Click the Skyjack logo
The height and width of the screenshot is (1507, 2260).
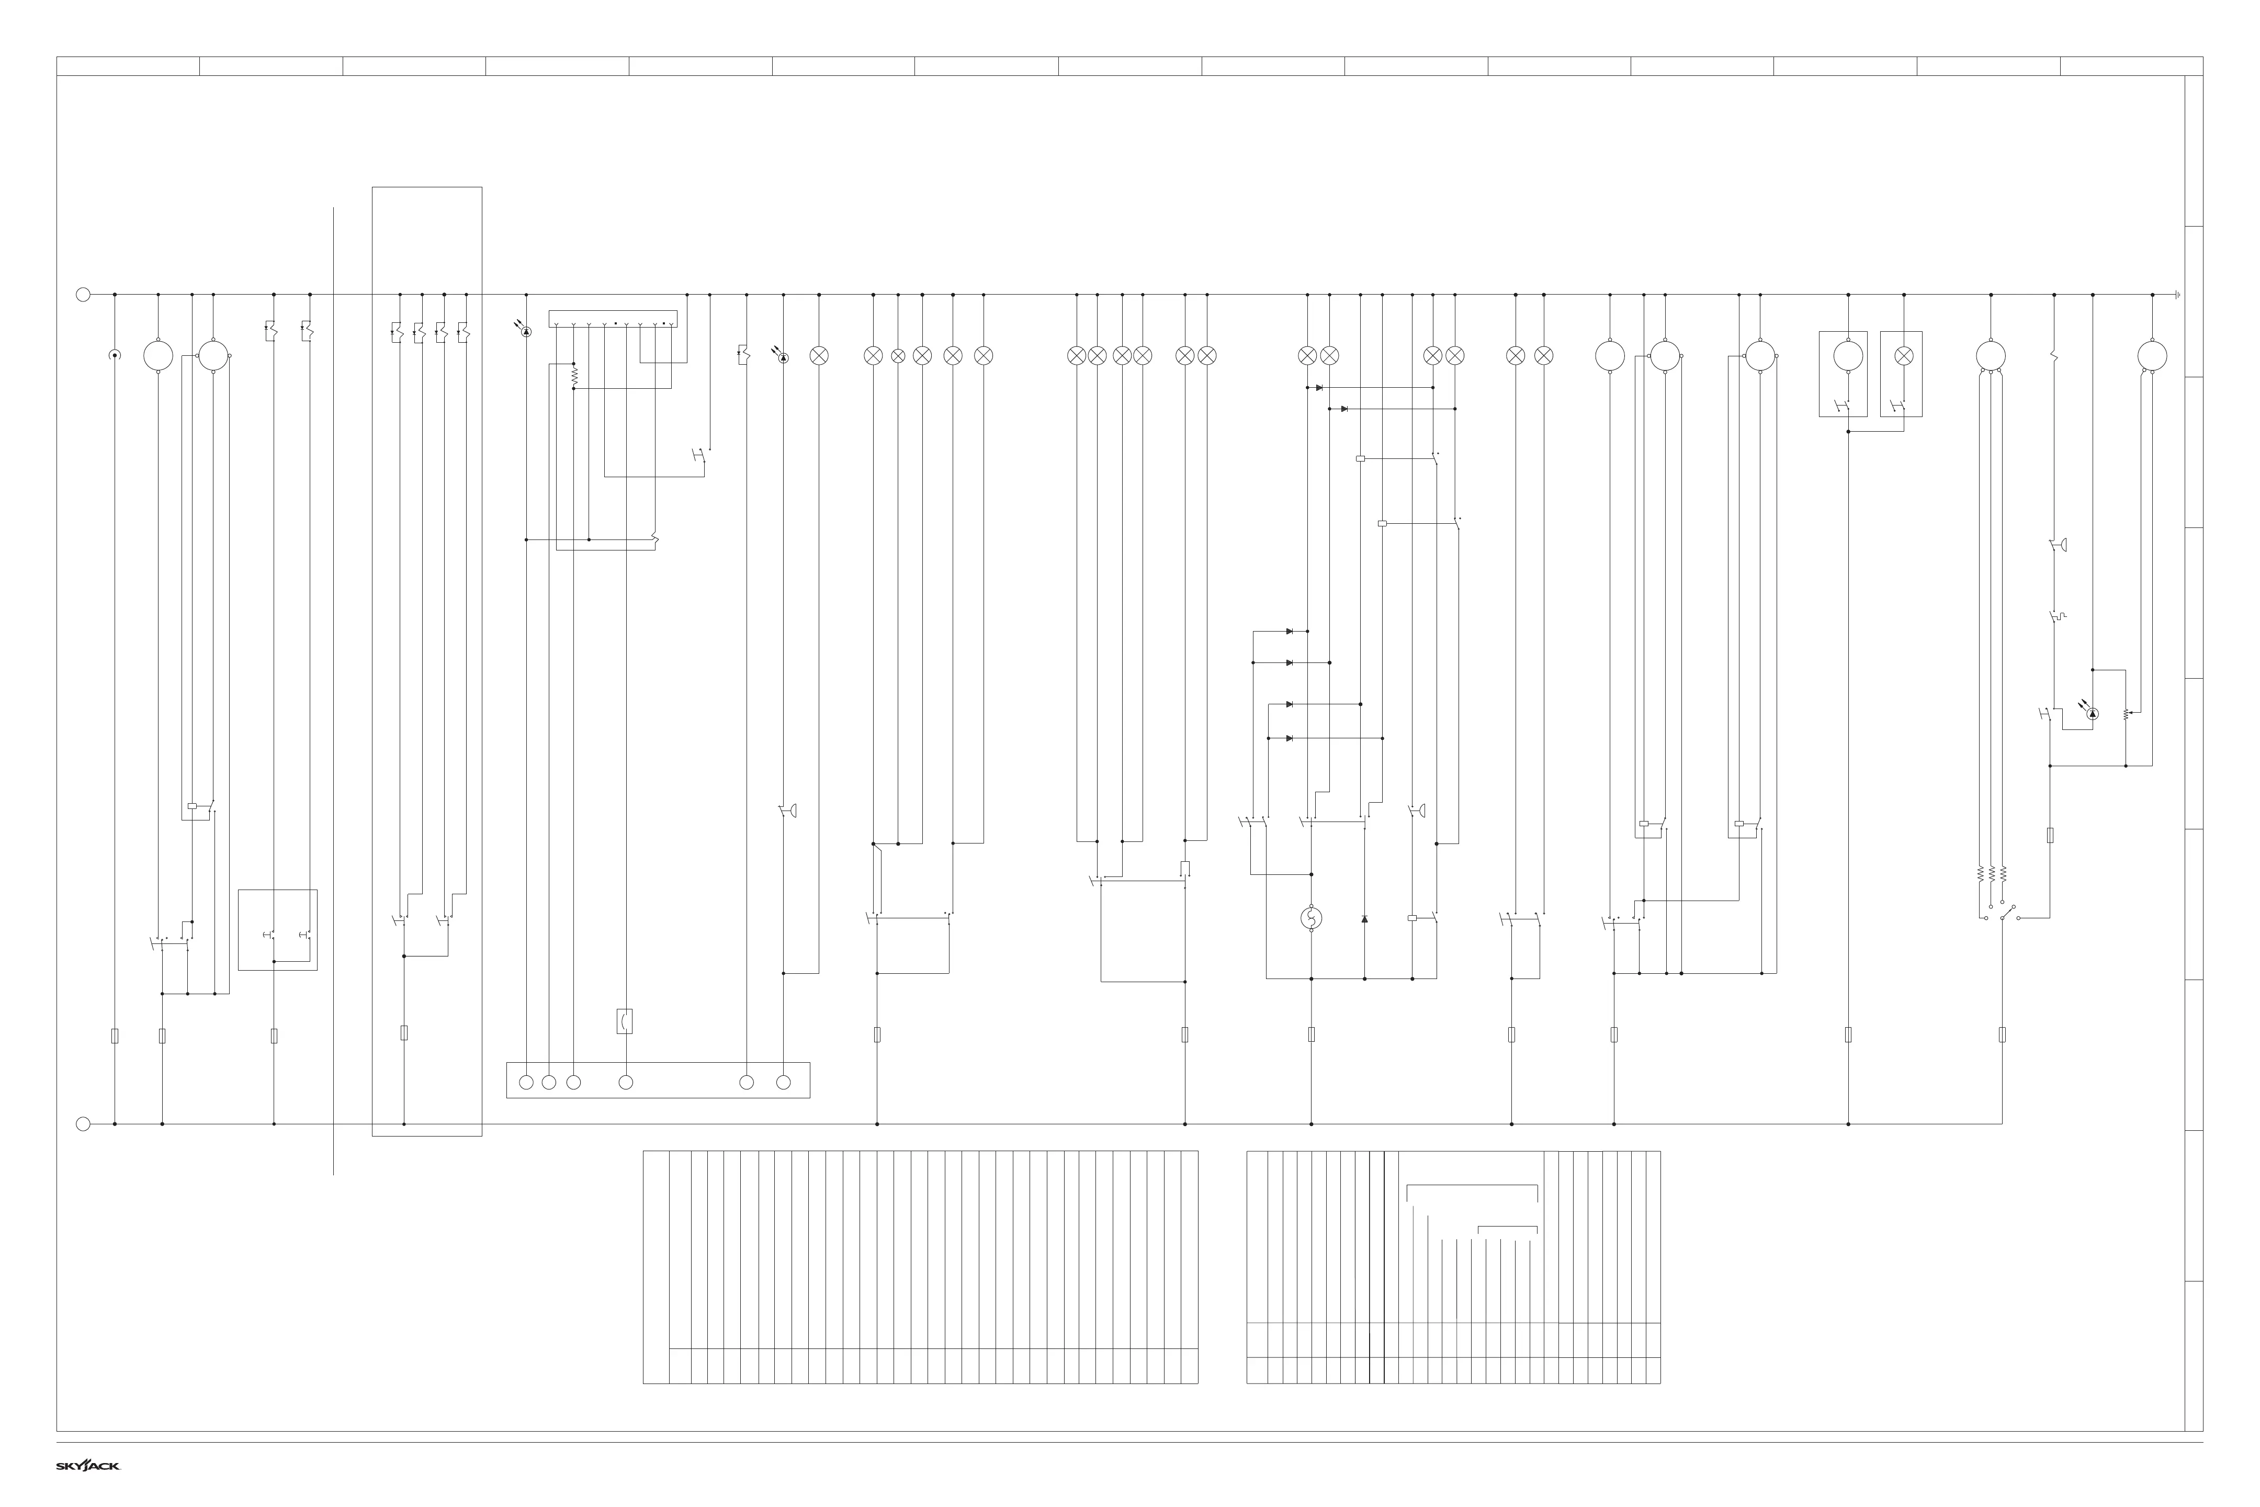click(x=87, y=1466)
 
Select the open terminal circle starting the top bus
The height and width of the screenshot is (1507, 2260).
click(x=83, y=295)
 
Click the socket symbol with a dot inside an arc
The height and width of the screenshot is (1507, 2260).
click(x=115, y=356)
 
